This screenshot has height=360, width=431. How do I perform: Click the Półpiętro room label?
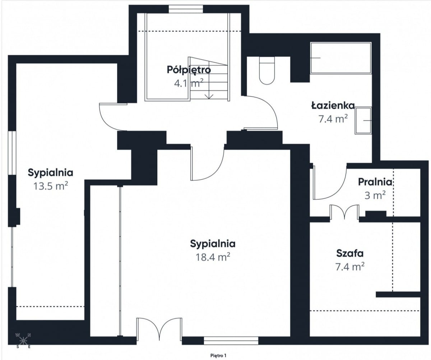tap(189, 70)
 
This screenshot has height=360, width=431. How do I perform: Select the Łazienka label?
tap(333, 105)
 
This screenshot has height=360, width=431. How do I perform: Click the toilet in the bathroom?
tap(267, 70)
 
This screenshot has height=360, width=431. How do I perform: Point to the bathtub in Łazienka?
tap(341, 58)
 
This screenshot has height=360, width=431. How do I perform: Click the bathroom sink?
tap(363, 121)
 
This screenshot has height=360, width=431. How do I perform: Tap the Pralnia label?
tap(375, 182)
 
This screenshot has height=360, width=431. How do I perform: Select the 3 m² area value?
tap(375, 195)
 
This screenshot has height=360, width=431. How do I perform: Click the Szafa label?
tap(350, 253)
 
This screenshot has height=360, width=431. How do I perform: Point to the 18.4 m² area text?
tap(213, 257)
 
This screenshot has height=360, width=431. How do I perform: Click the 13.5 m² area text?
tap(51, 186)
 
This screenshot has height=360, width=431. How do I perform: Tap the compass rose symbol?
tap(24, 341)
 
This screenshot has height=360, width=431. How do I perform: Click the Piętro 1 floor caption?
tap(218, 356)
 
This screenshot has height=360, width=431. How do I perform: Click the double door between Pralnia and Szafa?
tap(344, 212)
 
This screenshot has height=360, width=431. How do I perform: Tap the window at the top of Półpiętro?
tap(186, 9)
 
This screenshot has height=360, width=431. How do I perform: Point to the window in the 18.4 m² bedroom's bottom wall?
tap(231, 341)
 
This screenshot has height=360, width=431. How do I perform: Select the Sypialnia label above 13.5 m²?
tap(51, 173)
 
